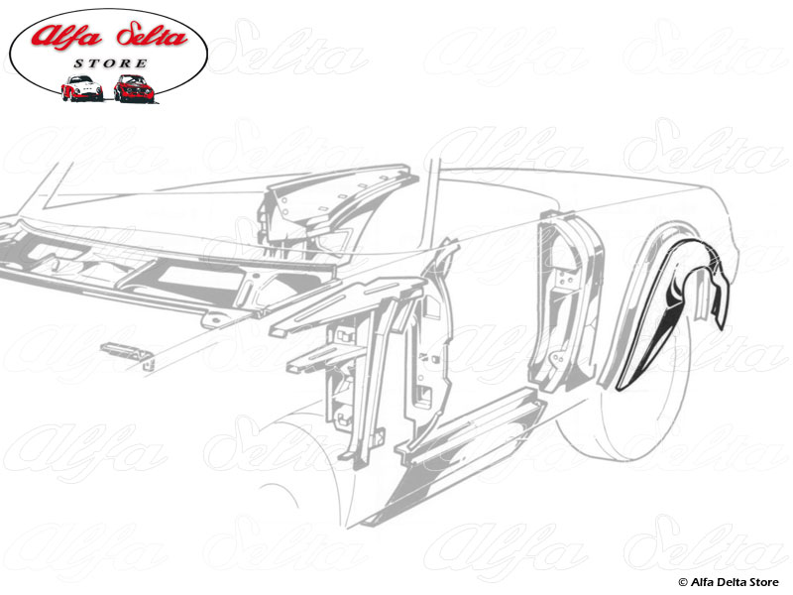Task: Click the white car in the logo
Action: (81, 88)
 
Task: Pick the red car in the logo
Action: (134, 88)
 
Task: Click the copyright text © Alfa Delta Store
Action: (731, 581)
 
